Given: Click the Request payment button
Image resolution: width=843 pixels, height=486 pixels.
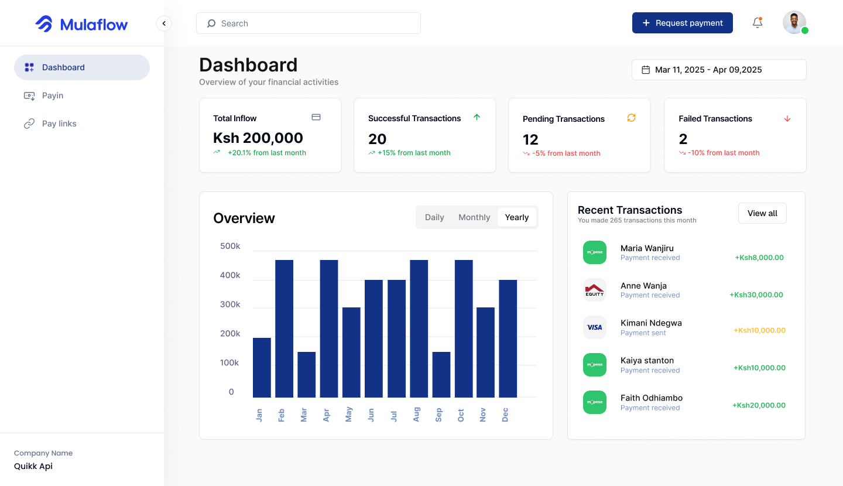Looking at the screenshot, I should coord(682,23).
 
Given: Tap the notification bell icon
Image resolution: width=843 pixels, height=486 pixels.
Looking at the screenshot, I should coord(758,23).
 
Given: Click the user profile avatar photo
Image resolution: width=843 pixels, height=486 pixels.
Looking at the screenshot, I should coord(794,23).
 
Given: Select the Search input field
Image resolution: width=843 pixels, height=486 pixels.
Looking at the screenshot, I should coord(309,23).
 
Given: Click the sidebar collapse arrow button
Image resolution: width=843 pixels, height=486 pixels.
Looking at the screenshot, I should coord(164,23).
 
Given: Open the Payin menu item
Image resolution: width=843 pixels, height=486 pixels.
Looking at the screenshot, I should coord(53,95).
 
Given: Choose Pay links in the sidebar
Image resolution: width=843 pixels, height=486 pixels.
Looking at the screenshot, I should coord(59,124).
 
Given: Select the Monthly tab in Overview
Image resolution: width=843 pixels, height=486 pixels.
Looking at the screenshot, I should coord(474,217).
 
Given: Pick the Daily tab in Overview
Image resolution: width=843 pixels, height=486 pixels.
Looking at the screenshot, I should coord(434,217).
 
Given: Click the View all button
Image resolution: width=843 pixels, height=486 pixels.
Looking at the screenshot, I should coord(762,213).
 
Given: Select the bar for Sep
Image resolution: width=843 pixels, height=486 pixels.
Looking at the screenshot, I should coord(441,375).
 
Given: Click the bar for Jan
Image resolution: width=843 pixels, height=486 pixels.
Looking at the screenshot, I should coord(262,368).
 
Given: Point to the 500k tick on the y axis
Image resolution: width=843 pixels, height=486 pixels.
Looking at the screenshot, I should coord(230,247).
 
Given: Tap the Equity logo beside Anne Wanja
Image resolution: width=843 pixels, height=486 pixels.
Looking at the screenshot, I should coord(594,290).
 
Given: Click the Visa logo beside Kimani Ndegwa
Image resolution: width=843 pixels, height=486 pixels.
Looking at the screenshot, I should coord(594,327).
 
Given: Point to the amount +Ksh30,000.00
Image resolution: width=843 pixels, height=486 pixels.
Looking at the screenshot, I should coord(756,295).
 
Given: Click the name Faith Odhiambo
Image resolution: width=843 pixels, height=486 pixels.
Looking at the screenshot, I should coord(651,398).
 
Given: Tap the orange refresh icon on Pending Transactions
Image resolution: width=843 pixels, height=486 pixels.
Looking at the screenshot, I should coord(631,118).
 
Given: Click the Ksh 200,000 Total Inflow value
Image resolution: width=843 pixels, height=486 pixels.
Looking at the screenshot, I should coord(258,138).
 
